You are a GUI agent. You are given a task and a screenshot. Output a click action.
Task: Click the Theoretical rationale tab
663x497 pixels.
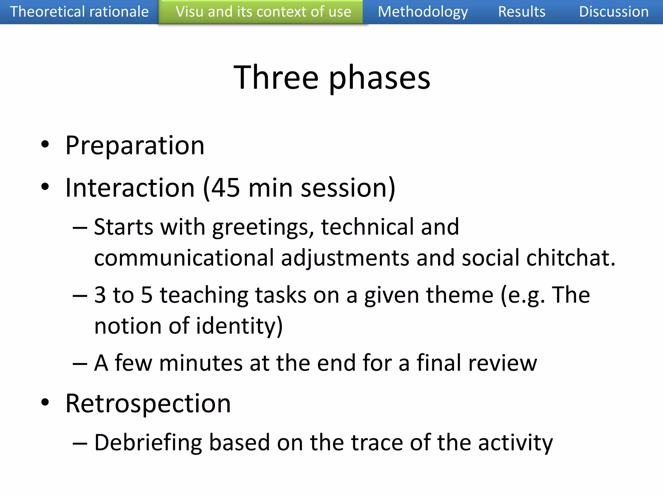pyautogui.click(x=79, y=12)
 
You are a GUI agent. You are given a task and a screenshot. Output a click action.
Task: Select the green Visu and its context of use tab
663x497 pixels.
pyautogui.click(x=263, y=12)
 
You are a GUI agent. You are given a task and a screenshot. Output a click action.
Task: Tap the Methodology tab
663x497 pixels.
pyautogui.click(x=423, y=12)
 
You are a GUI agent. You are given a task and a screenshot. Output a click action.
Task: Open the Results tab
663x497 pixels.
pyautogui.click(x=522, y=12)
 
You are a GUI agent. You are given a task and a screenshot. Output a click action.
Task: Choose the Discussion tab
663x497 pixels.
pyautogui.click(x=614, y=12)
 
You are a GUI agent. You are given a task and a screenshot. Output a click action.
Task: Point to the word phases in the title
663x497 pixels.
pyautogui.click(x=379, y=79)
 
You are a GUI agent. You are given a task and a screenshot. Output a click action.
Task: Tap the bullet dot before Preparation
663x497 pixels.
pyautogui.click(x=45, y=144)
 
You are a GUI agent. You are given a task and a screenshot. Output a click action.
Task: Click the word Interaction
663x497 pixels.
pyautogui.click(x=130, y=188)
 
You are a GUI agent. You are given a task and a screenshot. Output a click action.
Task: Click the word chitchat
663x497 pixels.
pyautogui.click(x=570, y=258)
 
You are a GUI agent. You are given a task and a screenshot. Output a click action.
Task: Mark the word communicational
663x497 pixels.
pyautogui.click(x=184, y=258)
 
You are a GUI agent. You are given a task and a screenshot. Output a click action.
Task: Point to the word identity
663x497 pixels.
pyautogui.click(x=236, y=326)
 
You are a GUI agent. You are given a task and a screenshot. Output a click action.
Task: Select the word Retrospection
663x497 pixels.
pyautogui.click(x=148, y=404)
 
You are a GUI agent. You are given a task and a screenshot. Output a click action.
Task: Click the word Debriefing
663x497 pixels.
pyautogui.click(x=148, y=443)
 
